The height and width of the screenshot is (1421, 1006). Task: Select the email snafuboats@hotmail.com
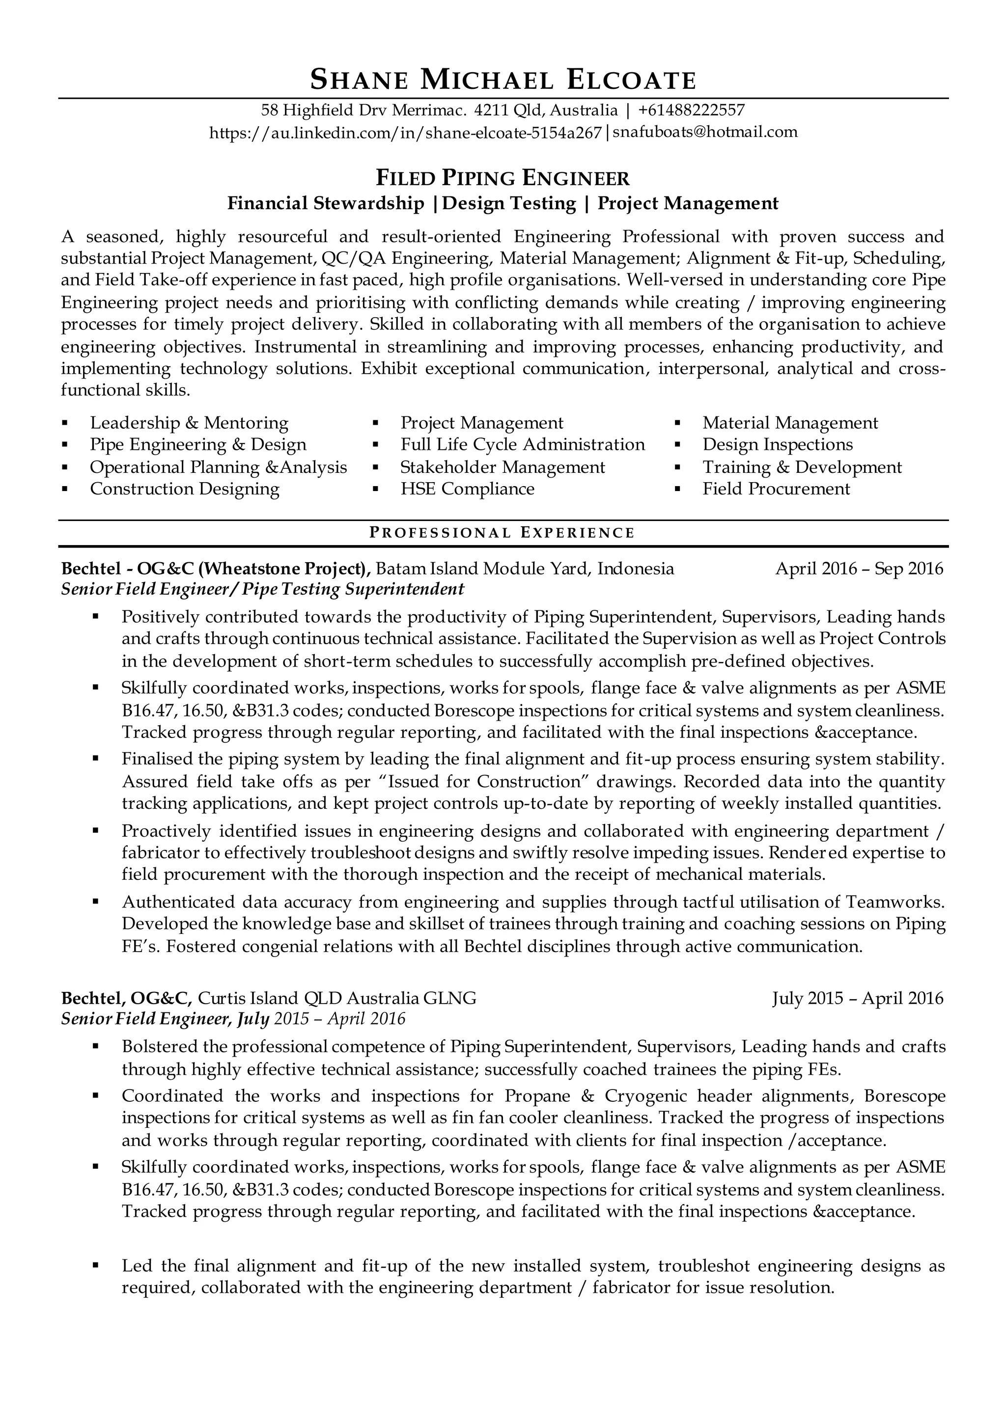pyautogui.click(x=705, y=132)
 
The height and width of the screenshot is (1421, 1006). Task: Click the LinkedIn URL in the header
pyautogui.click(x=405, y=132)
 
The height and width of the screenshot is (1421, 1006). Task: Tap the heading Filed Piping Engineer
pyautogui.click(x=503, y=178)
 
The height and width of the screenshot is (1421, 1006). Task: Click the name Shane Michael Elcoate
pyautogui.click(x=503, y=80)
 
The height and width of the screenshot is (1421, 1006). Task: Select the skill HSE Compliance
pyautogui.click(x=467, y=489)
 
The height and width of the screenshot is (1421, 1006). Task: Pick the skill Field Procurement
pyautogui.click(x=776, y=489)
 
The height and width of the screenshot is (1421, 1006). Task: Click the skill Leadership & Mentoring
pyautogui.click(x=189, y=423)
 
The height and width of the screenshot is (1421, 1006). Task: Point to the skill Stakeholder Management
pyautogui.click(x=503, y=467)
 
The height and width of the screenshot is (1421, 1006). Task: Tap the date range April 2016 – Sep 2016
pyautogui.click(x=859, y=569)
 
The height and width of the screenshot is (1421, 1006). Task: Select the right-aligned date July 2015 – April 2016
pyautogui.click(x=857, y=998)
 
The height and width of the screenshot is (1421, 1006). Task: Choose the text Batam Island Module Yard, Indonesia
pyautogui.click(x=525, y=569)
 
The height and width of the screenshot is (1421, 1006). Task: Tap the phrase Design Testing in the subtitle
pyautogui.click(x=509, y=203)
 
